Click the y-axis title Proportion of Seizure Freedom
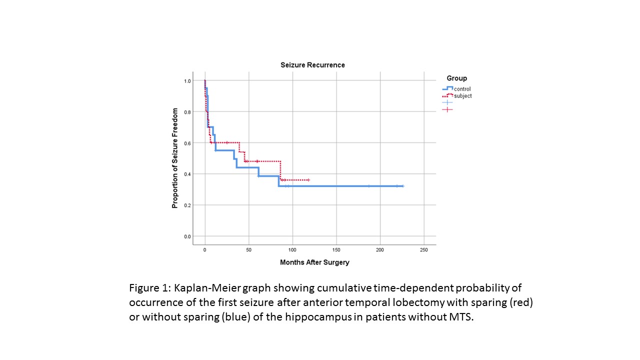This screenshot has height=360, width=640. pos(175,158)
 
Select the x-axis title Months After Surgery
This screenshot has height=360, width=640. pos(314,262)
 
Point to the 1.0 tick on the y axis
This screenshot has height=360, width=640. pos(187,81)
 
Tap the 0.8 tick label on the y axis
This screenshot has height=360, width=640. pos(187,112)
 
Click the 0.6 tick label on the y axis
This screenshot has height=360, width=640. pos(187,143)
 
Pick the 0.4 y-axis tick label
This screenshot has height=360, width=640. pos(187,174)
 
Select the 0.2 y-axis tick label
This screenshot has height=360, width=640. pos(187,205)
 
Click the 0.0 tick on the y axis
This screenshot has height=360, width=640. pos(187,236)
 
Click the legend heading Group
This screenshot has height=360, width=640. pos(456,78)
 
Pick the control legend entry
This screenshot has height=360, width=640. pos(462,89)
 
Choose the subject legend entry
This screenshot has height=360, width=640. pos(462,96)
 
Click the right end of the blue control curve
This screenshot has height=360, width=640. pos(402,186)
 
